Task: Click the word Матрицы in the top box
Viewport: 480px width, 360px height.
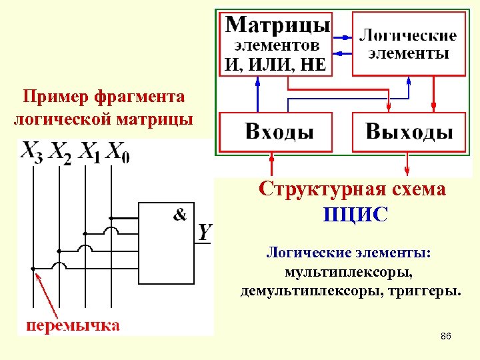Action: point(277,26)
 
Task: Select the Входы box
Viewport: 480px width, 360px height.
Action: point(275,131)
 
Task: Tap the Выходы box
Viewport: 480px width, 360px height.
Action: point(409,131)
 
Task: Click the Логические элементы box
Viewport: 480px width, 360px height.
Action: point(408,44)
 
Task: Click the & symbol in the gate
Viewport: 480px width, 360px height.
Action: point(180,214)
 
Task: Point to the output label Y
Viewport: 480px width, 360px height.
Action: point(205,233)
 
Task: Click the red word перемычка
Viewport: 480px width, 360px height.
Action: point(73,325)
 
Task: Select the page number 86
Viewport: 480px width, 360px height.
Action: point(446,337)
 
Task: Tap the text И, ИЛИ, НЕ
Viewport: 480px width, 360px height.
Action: point(275,65)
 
